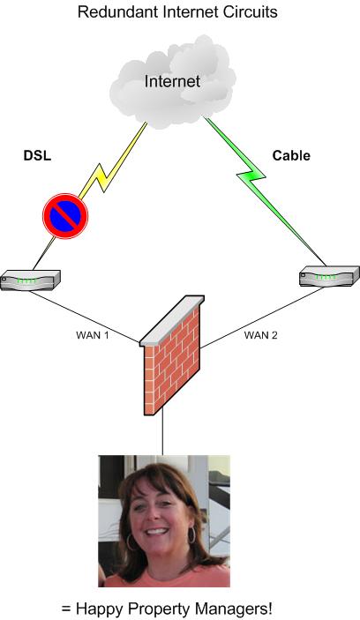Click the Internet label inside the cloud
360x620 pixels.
(x=172, y=81)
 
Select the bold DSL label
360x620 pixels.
(x=38, y=155)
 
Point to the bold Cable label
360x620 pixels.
(x=291, y=155)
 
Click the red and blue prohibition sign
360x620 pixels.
(x=65, y=216)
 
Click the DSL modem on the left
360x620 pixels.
(x=30, y=280)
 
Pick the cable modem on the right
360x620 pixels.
(x=329, y=275)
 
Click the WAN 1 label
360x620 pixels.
(x=92, y=335)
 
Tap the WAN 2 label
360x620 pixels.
(x=260, y=335)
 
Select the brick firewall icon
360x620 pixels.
(x=172, y=355)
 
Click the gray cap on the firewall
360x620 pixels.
(x=172, y=320)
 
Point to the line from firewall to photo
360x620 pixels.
(x=162, y=431)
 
